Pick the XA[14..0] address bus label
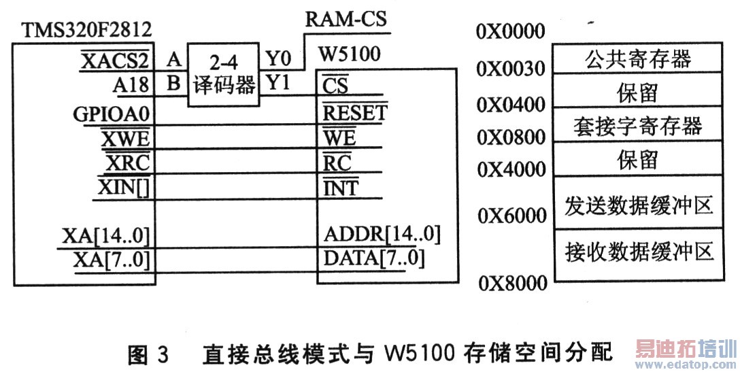[x=105, y=236]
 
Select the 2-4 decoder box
[x=223, y=74]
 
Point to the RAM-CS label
[x=346, y=18]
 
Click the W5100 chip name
[x=352, y=52]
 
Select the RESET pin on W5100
[x=354, y=113]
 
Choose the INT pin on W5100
[x=341, y=187]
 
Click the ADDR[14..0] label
[x=382, y=235]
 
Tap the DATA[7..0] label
[x=374, y=258]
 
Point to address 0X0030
[x=511, y=69]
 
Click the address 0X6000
[x=511, y=216]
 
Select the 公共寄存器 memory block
[x=637, y=59]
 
